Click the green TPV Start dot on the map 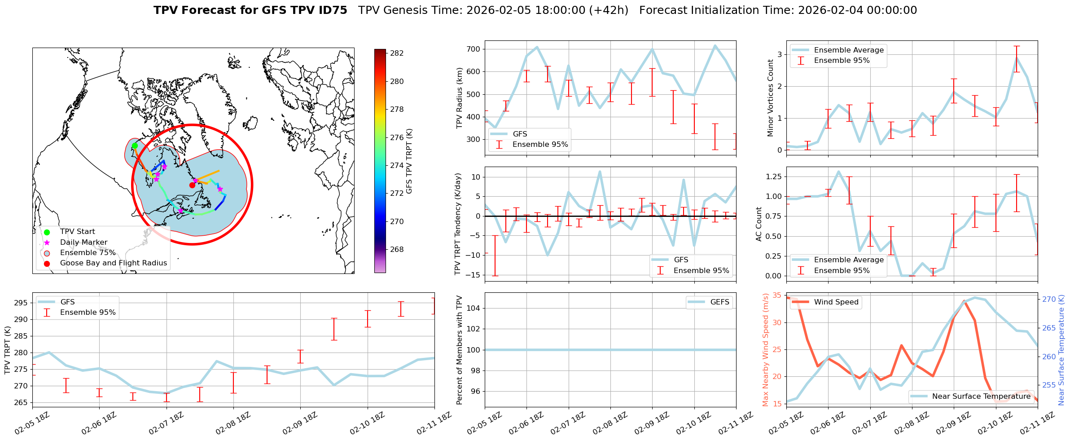(135, 146)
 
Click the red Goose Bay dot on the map (192, 185)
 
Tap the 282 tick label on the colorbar (397, 53)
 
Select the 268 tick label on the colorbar (397, 250)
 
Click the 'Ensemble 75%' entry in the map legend (88, 253)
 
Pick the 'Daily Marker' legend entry (83, 243)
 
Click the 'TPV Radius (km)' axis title (460, 98)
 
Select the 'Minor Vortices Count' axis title (771, 98)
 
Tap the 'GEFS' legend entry (719, 302)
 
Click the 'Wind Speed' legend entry (836, 302)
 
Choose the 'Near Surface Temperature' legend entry (981, 397)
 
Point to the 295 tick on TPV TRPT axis (21, 303)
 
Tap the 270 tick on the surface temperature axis (1048, 300)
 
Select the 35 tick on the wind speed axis (776, 295)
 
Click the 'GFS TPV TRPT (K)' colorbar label (409, 161)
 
